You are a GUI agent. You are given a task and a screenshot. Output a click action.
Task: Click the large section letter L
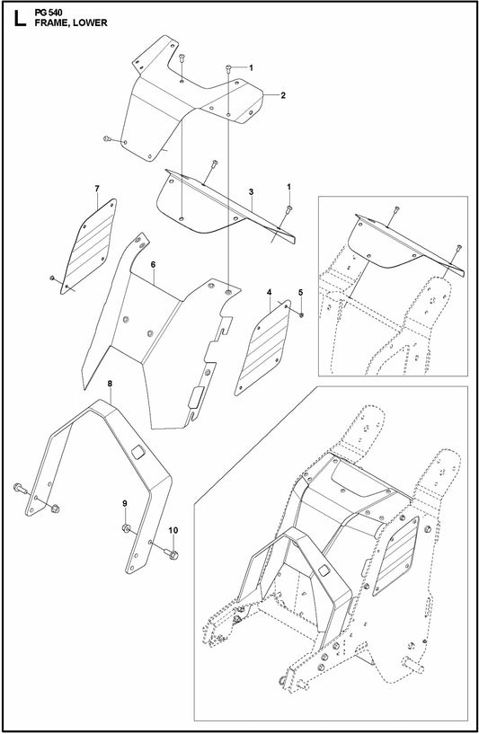point(14,19)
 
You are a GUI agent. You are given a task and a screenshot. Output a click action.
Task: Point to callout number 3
point(251,192)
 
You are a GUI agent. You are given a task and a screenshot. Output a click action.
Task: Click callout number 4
point(269,293)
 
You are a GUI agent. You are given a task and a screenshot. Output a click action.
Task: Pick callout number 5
point(301,293)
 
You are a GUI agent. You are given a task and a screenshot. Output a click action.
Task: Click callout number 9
point(126,502)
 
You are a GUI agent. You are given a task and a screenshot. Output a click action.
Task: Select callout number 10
point(173,529)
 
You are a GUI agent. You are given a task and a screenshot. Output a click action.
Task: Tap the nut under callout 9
point(127,526)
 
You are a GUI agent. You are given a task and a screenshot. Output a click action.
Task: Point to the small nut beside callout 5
point(300,314)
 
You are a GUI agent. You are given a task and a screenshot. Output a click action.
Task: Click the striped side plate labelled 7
point(92,245)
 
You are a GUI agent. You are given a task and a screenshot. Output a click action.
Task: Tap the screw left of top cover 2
point(107,138)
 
